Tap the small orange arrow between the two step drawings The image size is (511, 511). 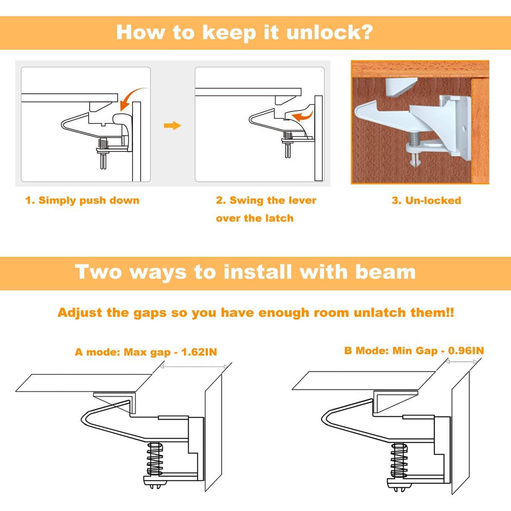[x=172, y=126]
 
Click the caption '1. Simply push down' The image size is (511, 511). [x=83, y=200]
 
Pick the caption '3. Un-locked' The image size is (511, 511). [x=426, y=200]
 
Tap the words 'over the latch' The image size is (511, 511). [x=255, y=218]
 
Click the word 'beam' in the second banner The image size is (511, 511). [x=385, y=272]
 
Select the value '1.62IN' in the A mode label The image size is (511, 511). [x=199, y=352]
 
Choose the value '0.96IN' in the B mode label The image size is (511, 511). [x=466, y=350]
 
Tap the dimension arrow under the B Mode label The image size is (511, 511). [x=462, y=361]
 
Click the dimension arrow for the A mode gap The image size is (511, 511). [x=194, y=367]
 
